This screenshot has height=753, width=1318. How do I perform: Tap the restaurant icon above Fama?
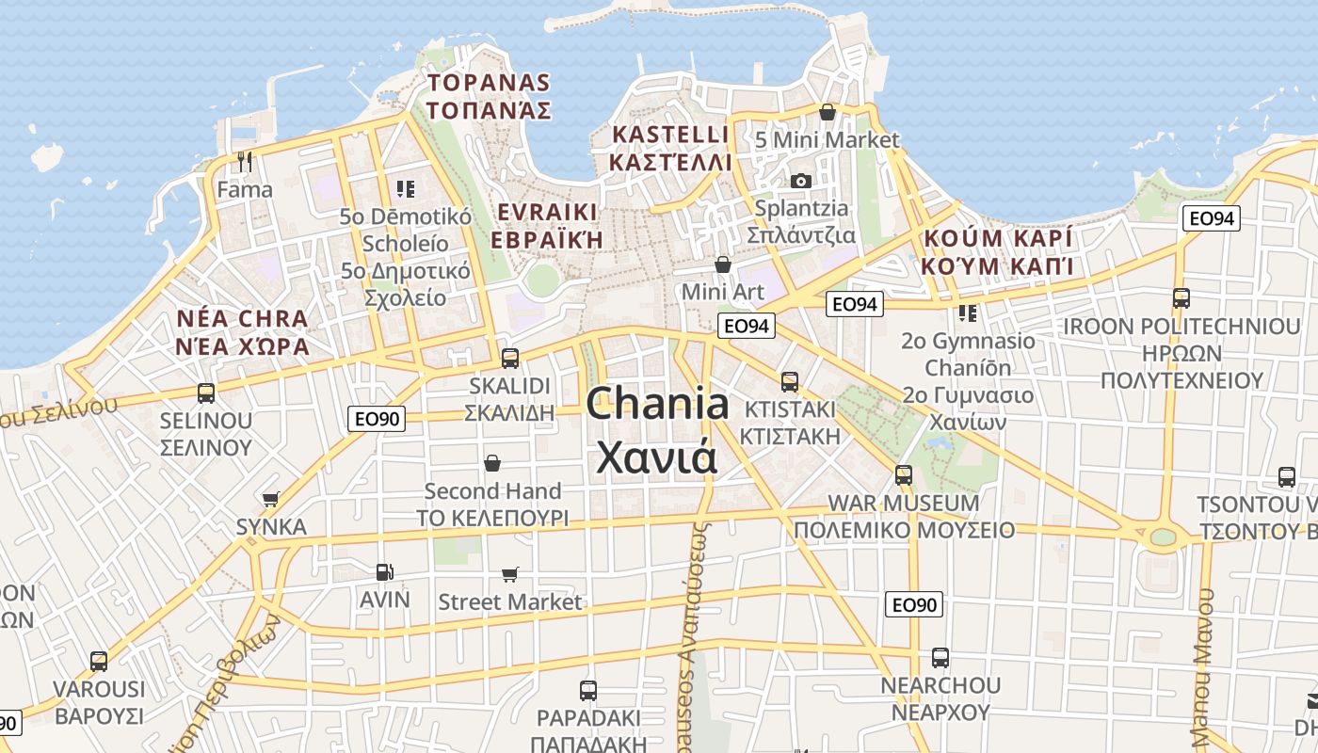(x=245, y=162)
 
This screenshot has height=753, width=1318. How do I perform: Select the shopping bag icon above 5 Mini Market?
(x=828, y=113)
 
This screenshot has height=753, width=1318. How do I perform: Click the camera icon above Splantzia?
(x=800, y=181)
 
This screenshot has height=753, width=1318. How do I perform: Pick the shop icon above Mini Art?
(x=723, y=264)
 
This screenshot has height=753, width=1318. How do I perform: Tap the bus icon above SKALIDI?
(x=509, y=358)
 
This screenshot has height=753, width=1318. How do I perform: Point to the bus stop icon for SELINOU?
(x=206, y=393)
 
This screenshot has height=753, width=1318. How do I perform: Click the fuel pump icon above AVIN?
(x=384, y=571)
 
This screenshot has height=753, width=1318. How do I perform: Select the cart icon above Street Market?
(x=510, y=574)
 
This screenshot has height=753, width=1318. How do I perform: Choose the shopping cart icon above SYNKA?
(x=271, y=499)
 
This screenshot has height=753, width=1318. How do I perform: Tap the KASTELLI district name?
(x=670, y=148)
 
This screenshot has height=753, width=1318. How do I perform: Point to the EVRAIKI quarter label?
(x=548, y=224)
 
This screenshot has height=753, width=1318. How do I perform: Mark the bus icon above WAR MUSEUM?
(x=904, y=475)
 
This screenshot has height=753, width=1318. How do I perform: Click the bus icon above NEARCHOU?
(x=940, y=657)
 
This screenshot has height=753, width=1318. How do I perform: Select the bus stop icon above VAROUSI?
(x=99, y=661)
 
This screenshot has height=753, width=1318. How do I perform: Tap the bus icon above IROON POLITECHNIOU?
(x=1181, y=298)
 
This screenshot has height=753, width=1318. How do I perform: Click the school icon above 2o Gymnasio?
(x=967, y=312)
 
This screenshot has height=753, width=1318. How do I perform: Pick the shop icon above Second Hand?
(x=492, y=463)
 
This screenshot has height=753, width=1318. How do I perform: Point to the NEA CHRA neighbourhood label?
(x=243, y=331)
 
